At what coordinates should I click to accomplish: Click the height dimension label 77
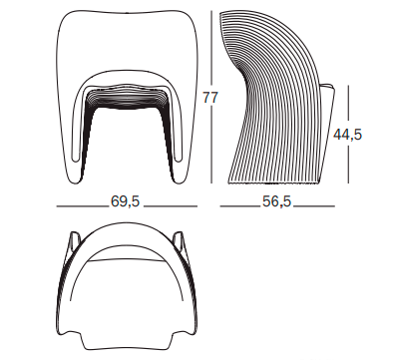(210, 98)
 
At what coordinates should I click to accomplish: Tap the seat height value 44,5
(347, 135)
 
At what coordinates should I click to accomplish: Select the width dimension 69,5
(126, 201)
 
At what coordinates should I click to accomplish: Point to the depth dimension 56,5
(276, 201)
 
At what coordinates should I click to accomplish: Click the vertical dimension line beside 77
(211, 97)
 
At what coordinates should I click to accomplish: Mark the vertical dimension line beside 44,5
(348, 135)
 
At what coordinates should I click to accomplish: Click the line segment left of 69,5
(83, 206)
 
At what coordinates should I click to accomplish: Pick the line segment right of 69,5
(171, 206)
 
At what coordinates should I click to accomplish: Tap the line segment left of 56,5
(240, 206)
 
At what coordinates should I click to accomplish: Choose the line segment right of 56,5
(314, 206)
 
